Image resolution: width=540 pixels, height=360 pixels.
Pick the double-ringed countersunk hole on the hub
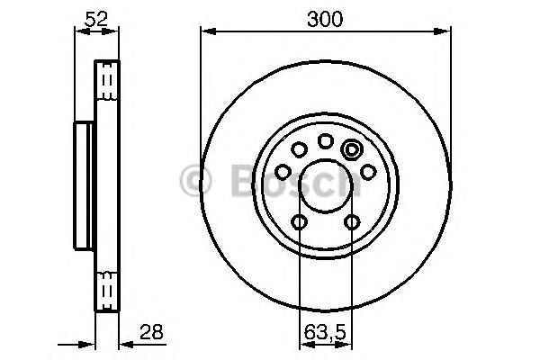[352, 150]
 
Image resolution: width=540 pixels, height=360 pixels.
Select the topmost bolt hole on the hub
[325, 140]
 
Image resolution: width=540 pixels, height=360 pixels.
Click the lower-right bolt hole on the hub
[350, 222]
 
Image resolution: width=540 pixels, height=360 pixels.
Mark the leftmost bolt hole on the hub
[283, 172]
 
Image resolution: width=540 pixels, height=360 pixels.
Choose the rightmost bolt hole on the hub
[368, 172]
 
